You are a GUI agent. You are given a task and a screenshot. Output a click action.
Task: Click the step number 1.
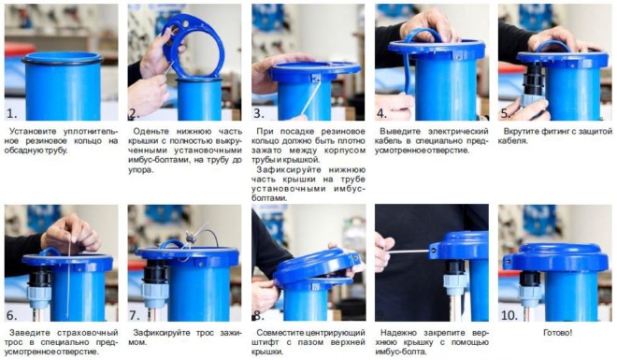click(x=12, y=114)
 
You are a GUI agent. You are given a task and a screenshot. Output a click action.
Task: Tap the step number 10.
click(x=509, y=315)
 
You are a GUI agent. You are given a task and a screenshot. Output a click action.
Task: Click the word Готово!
click(x=557, y=333)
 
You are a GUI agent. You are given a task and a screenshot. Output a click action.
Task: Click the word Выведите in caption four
click(x=398, y=132)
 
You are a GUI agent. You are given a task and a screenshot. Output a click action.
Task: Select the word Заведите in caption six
click(x=27, y=333)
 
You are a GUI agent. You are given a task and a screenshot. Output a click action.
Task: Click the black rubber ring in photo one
click(x=62, y=60)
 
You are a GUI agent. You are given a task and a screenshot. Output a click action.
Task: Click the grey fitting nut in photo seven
click(x=154, y=293)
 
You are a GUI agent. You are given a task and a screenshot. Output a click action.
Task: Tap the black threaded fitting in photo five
click(x=532, y=80)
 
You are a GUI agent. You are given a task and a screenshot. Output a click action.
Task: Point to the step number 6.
click(x=12, y=315)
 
